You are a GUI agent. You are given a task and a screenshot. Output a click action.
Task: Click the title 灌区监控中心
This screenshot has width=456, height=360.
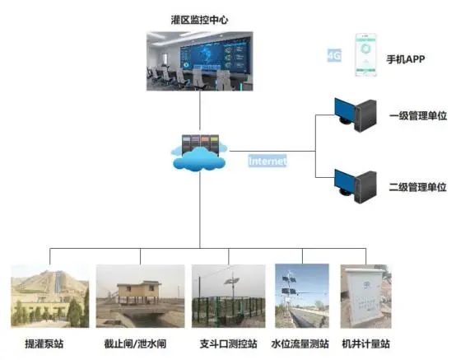tap(199, 20)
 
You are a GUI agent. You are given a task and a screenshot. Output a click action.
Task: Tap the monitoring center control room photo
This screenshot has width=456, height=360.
tap(200, 61)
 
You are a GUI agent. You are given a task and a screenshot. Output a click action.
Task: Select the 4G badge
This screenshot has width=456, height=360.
tap(334, 55)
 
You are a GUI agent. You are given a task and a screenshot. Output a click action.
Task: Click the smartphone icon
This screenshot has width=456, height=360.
tap(365, 55)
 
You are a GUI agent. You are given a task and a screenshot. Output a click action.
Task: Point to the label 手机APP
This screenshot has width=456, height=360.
tap(406, 59)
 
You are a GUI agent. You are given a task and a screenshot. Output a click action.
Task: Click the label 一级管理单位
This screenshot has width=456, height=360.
tap(418, 115)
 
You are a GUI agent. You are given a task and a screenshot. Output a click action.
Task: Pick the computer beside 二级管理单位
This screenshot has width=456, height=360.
tap(356, 186)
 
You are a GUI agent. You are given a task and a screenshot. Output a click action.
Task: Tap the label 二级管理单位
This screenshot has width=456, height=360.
tap(417, 187)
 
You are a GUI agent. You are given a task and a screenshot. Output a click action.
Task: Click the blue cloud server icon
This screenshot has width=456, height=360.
tap(199, 152)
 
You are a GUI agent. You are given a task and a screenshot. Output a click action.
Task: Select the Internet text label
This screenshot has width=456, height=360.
tap(268, 161)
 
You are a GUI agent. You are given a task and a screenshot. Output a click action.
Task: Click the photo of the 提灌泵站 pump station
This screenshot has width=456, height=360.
tap(50, 296)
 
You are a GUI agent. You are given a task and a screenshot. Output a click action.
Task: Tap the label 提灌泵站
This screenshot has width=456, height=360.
tap(44, 344)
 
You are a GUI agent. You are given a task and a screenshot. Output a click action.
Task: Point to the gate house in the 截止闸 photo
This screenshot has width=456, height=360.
tap(139, 292)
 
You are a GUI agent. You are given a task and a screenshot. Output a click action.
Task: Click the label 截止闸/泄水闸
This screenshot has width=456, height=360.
tap(135, 344)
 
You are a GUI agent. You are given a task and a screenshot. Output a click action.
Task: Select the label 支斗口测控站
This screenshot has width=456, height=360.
tap(228, 344)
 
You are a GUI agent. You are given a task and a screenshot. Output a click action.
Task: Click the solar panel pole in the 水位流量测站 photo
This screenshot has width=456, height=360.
tap(289, 294)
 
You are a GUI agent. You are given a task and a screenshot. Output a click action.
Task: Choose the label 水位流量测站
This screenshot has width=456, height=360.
tap(300, 344)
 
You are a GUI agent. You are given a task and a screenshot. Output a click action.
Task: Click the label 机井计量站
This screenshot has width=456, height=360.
tap(365, 344)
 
